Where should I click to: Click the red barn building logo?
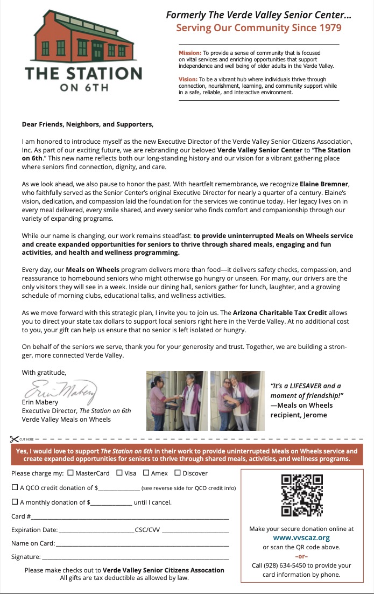82,37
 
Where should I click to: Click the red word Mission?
190,53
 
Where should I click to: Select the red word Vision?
188,79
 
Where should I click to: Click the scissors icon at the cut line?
15,439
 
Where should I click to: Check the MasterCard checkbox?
70,473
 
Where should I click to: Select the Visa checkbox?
119,473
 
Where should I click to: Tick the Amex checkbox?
146,473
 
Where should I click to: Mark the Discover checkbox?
177,473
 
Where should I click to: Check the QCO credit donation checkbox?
15,487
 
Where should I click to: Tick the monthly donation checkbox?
15,502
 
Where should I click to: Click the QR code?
301,495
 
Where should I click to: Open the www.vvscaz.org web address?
301,537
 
